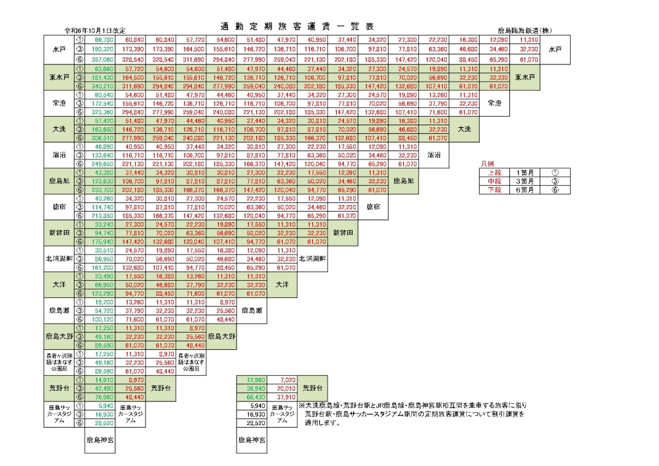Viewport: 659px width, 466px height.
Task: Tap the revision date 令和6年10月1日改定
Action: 95,31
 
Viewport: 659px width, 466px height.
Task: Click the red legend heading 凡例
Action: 488,162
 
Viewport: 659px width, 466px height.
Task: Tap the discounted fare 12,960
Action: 254,380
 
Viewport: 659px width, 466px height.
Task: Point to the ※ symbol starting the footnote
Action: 302,407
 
